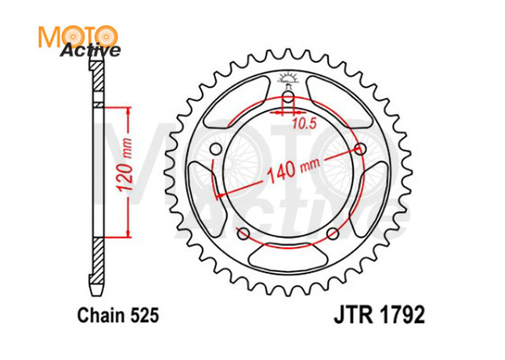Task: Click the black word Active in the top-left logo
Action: pos(90,50)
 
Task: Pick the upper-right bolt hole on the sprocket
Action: pos(361,149)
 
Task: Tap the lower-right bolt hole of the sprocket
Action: pos(332,233)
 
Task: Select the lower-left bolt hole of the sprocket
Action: pos(243,233)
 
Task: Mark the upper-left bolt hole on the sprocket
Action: pos(215,150)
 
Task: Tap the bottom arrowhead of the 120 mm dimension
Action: pos(128,235)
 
